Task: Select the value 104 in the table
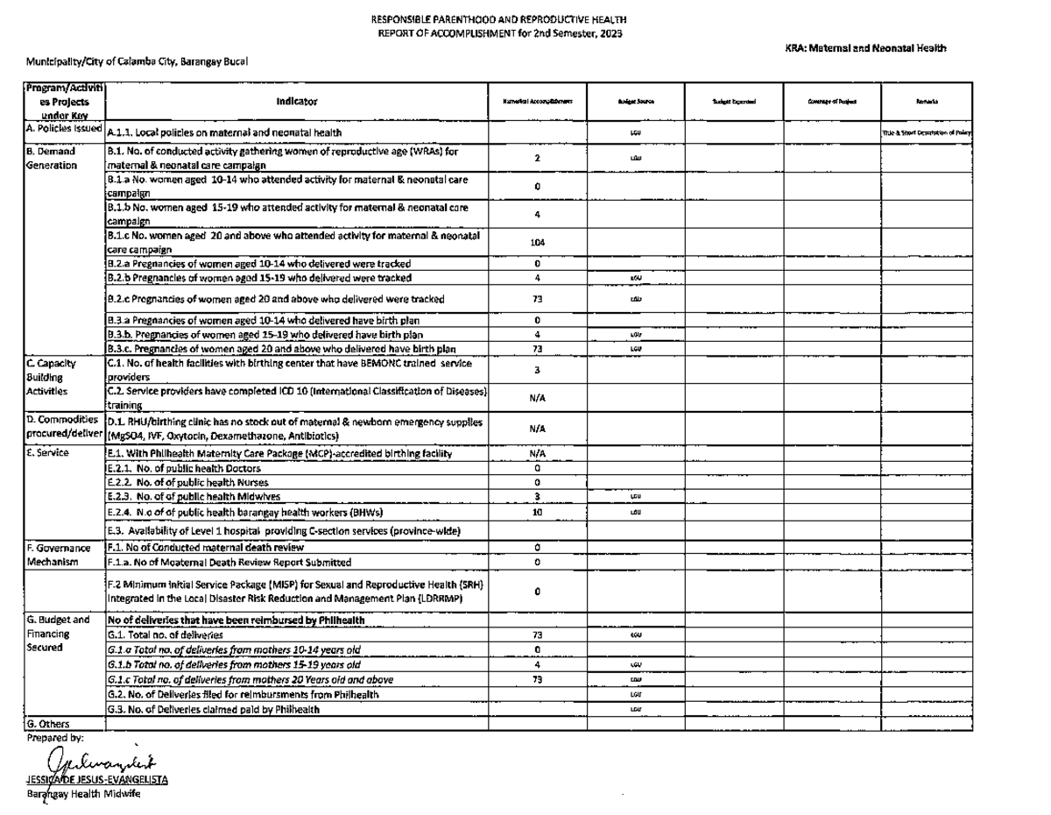[x=539, y=244]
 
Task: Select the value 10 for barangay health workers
[x=539, y=512]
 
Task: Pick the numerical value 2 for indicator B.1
[x=539, y=156]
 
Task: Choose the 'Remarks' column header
[x=929, y=102]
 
